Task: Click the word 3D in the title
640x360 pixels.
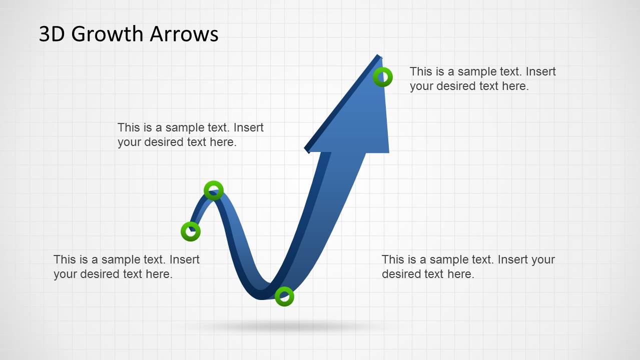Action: (x=52, y=34)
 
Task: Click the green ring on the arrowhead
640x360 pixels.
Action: (x=383, y=77)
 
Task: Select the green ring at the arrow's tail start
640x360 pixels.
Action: (x=191, y=231)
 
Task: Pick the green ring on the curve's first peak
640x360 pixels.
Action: (x=214, y=190)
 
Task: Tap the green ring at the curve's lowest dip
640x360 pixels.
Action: (x=284, y=296)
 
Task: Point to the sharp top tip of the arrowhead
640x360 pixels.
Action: (x=379, y=55)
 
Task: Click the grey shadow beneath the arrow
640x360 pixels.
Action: (x=285, y=327)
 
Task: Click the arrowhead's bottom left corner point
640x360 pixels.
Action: (x=306, y=150)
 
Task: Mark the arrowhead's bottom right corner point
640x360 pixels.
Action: (x=389, y=152)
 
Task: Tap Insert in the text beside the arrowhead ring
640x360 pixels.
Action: (x=540, y=71)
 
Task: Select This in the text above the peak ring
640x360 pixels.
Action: (x=129, y=127)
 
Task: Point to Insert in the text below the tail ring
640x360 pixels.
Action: (x=184, y=259)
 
